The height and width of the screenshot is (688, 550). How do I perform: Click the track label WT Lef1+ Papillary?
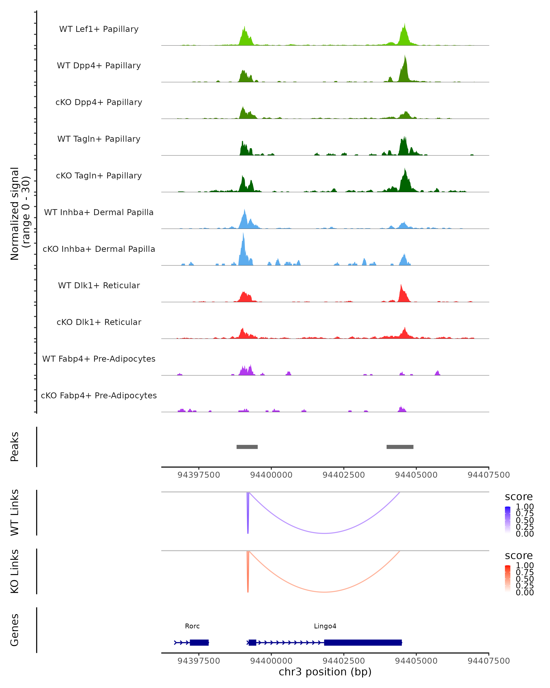coord(99,29)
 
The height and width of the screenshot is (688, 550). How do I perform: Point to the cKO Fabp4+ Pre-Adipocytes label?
coord(99,395)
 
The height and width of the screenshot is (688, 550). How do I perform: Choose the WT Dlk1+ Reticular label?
coord(99,285)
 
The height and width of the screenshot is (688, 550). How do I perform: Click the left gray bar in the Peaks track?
coord(247,447)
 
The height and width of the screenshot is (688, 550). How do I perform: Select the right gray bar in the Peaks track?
coord(400,447)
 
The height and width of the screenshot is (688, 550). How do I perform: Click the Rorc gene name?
coord(192,626)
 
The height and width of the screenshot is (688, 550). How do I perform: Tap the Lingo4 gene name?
coord(325,626)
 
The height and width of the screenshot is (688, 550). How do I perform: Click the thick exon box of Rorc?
coord(199,642)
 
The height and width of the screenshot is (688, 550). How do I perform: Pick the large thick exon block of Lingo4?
coord(363,642)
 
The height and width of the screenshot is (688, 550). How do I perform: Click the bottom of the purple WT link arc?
coord(324,533)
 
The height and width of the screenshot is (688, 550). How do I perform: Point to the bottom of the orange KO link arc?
coord(324,592)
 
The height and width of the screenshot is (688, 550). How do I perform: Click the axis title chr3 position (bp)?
coord(325,672)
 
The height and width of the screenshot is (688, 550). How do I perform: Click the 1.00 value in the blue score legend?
coord(525,507)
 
